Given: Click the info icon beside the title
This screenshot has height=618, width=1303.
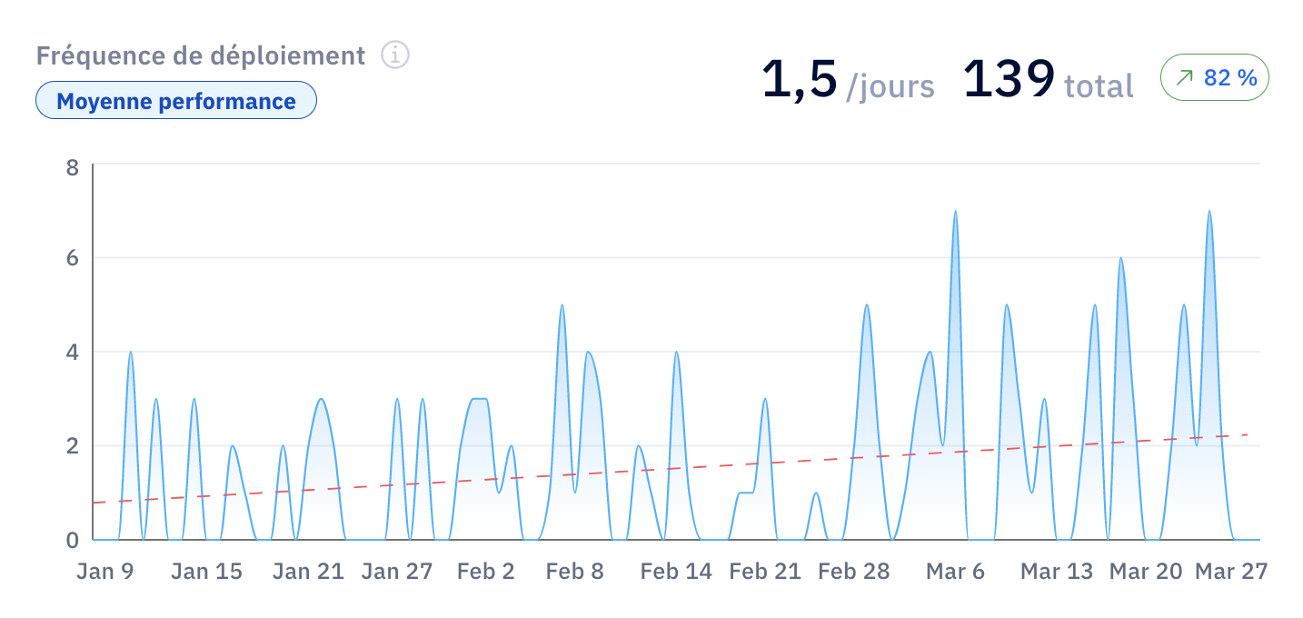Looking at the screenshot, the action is pos(395,55).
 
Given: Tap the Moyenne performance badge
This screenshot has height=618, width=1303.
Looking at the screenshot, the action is pos(176,101).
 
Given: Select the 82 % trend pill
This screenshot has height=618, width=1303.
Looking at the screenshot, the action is pos(1215,77).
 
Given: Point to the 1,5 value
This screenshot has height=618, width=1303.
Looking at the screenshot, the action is pos(800,80).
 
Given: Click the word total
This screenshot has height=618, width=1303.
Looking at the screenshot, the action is pos(1099,86).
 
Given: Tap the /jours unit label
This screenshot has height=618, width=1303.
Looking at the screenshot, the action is pos(890,87).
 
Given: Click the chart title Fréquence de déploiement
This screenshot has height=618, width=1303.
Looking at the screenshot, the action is pos(201,55).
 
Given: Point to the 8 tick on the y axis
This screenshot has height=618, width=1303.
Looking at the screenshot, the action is pos(72,167).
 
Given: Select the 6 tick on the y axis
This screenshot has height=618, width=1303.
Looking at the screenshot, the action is pos(72,258).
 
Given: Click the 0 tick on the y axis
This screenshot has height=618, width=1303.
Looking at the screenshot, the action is pos(72,540).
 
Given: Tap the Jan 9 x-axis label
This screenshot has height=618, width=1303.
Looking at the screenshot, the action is pos(105,572).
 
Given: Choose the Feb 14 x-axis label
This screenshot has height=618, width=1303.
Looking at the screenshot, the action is pos(676,572).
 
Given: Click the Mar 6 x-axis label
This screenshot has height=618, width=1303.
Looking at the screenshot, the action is pos(955,572).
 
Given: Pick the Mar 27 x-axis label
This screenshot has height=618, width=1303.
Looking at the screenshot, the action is pos(1231,572).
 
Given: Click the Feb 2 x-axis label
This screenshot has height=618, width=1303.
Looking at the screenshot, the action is pos(486,572).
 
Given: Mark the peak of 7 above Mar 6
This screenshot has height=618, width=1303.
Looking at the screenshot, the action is pos(955,211).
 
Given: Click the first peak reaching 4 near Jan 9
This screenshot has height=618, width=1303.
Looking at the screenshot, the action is pos(130,352).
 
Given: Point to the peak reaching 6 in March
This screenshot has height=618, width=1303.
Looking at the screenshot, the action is pos(1120,258).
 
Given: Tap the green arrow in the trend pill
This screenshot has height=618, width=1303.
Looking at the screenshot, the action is pos(1184,77).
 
